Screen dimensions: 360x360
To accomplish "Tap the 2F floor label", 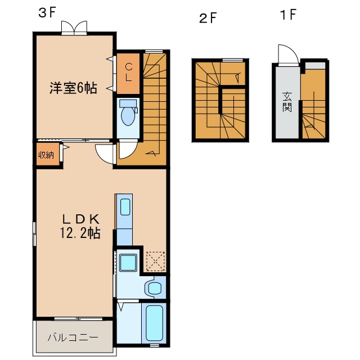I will coord(208,18).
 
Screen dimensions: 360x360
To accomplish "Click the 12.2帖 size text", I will coord(80,233).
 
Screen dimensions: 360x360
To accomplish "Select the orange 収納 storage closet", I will coord(46,155).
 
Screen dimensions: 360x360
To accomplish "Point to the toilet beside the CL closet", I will coord(129,115).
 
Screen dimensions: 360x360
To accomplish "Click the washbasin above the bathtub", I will coord(153,289).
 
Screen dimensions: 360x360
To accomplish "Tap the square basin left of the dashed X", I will coord(129,262).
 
